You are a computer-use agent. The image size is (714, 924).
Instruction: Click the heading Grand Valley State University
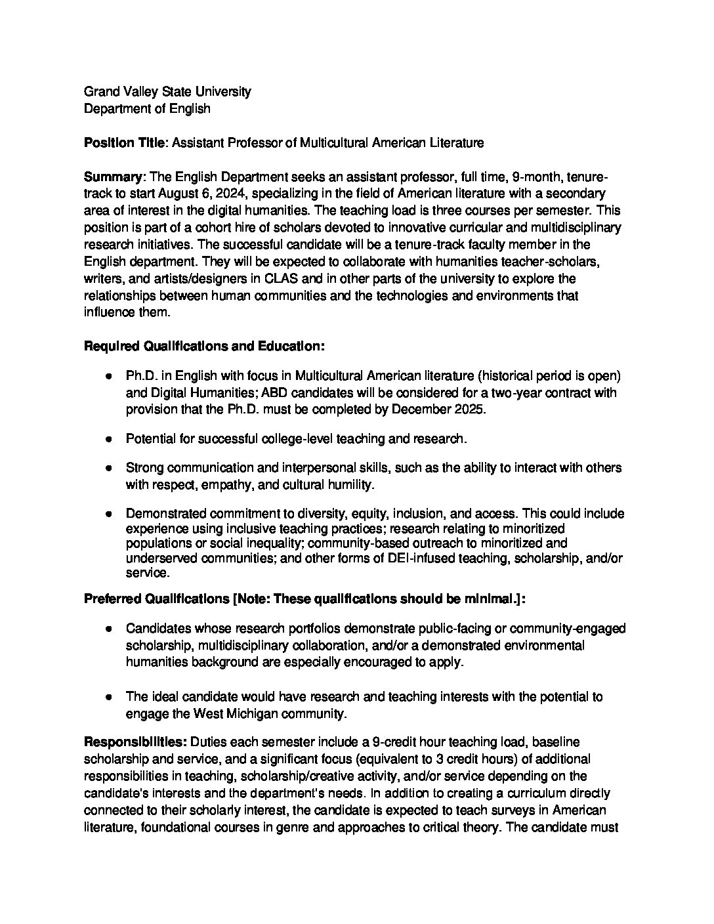(x=167, y=92)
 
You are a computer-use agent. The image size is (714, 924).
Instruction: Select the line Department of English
(x=147, y=109)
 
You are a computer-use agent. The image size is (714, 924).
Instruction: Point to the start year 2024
(x=230, y=194)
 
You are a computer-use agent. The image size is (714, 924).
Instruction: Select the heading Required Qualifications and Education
(x=204, y=346)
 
